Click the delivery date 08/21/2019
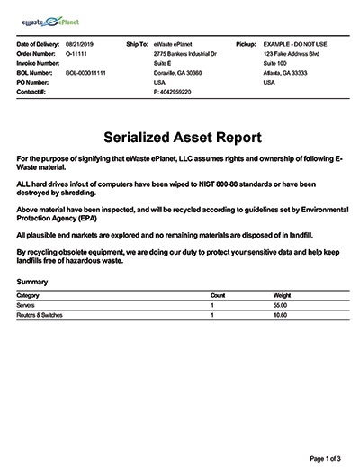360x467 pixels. [x=78, y=43]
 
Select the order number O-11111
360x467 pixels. [x=75, y=53]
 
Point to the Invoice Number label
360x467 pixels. [x=40, y=63]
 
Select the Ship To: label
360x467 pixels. [x=138, y=43]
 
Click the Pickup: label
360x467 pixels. [x=246, y=43]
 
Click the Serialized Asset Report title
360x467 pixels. [x=180, y=138]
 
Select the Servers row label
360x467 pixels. [x=26, y=306]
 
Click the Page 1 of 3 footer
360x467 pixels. [x=323, y=458]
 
